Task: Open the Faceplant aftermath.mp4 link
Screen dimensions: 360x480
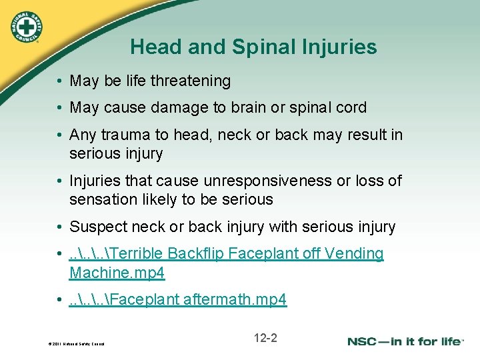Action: click(x=178, y=300)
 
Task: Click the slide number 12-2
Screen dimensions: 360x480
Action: click(x=265, y=338)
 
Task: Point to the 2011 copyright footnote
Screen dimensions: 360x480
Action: click(x=76, y=344)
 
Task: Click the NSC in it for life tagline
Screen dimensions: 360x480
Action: click(x=405, y=341)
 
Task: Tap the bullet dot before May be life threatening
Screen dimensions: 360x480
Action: click(x=60, y=82)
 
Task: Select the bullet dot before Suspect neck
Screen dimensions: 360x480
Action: click(x=60, y=228)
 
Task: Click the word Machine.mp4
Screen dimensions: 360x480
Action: click(x=117, y=273)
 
